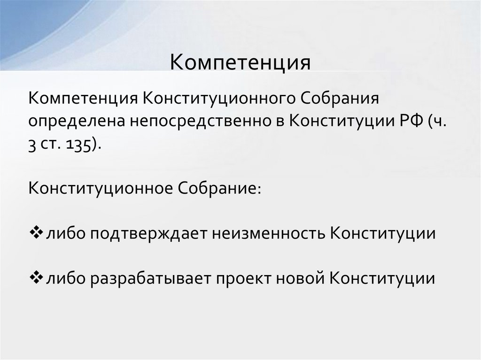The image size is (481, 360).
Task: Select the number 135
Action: pyautogui.click(x=81, y=143)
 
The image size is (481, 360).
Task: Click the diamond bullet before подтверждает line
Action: pyautogui.click(x=36, y=233)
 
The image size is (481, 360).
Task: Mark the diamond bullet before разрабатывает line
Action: pyautogui.click(x=36, y=278)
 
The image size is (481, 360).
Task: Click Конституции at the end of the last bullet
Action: pyautogui.click(x=382, y=278)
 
